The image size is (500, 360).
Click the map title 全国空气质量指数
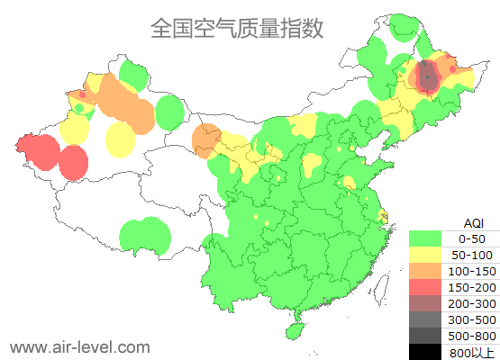[236, 29]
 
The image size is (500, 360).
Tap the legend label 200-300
[472, 303]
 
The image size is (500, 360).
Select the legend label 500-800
[472, 336]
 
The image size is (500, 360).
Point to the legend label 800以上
[472, 352]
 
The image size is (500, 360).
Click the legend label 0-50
[472, 238]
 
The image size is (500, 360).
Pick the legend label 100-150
[472, 271]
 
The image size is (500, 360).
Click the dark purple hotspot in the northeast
[428, 76]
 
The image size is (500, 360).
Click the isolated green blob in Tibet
[144, 236]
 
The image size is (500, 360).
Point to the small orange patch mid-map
[207, 137]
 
